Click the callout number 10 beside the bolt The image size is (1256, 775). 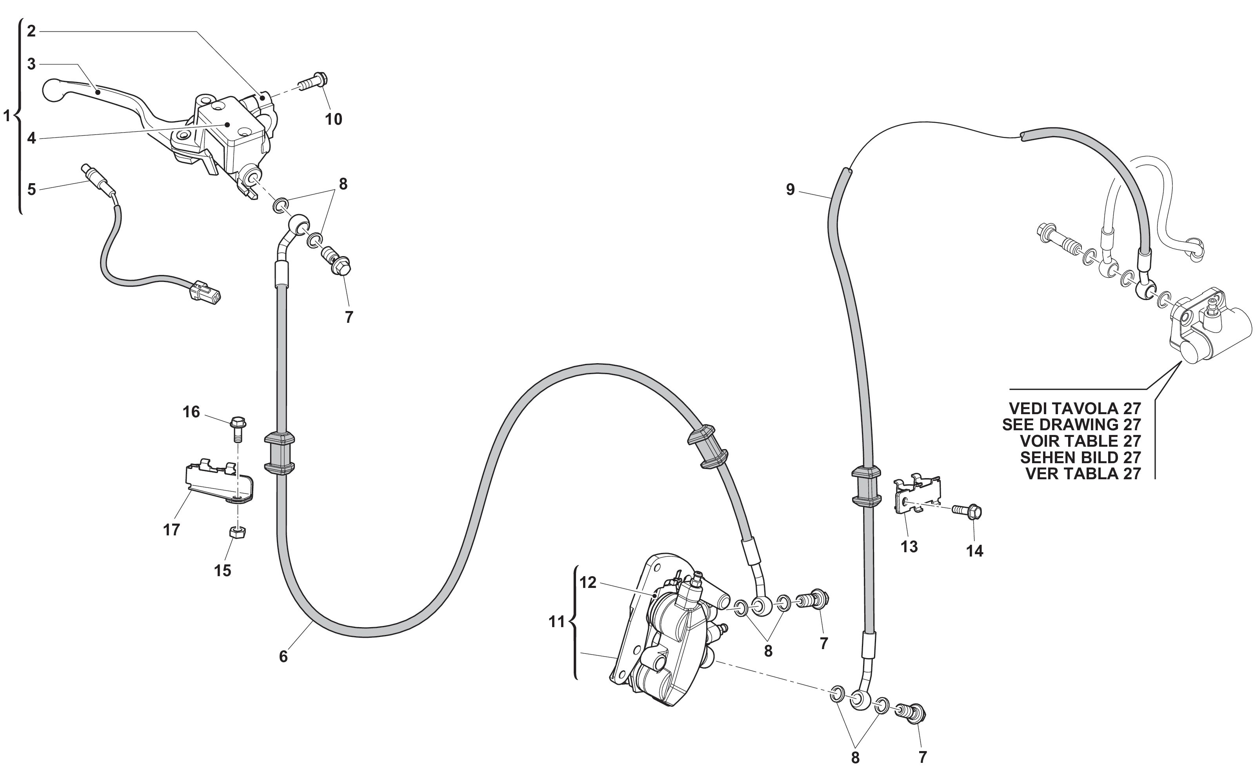click(x=334, y=120)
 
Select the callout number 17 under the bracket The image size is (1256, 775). click(x=172, y=530)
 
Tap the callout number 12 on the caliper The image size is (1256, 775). click(x=588, y=583)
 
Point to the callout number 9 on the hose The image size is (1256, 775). click(x=790, y=190)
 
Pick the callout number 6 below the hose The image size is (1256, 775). click(x=284, y=657)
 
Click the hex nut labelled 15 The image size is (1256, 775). click(x=237, y=532)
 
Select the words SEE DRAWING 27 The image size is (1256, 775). click(x=1072, y=424)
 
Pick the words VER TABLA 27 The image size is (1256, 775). click(x=1083, y=474)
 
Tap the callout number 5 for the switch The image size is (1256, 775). click(x=32, y=190)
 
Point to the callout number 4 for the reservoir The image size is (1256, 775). click(x=32, y=138)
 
